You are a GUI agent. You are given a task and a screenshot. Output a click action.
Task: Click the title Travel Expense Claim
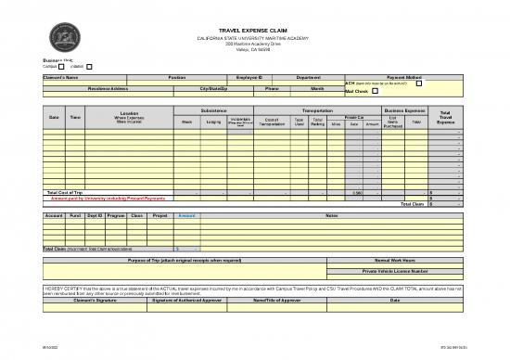256,31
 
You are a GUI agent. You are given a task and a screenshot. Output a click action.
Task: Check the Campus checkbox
61,66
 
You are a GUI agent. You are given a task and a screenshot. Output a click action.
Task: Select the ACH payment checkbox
418,84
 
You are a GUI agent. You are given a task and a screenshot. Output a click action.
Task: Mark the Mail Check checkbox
375,92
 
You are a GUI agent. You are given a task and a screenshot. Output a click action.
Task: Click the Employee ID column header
249,76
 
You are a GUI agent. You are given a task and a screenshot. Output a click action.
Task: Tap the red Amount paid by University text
108,198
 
